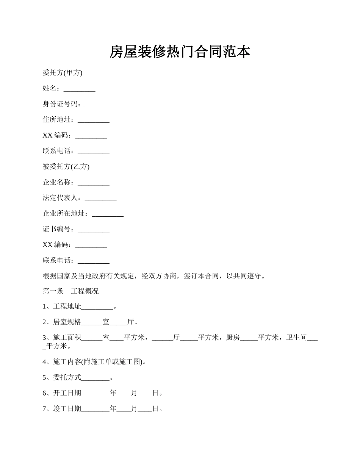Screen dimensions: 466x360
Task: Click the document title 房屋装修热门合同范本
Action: point(180,52)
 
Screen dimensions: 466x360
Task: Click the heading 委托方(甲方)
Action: point(63,73)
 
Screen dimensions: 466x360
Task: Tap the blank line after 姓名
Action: point(79,89)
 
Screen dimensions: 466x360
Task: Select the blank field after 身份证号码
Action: point(100,105)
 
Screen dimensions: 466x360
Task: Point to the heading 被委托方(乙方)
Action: point(66,167)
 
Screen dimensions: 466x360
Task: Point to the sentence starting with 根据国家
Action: point(153,276)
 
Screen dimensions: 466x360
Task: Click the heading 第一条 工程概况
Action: point(70,291)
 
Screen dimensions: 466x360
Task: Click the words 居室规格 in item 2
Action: point(67,322)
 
